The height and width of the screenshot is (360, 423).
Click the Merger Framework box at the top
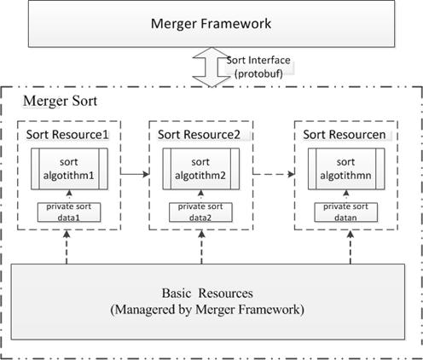tap(211, 23)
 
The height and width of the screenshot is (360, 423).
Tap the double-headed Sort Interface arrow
tap(211, 67)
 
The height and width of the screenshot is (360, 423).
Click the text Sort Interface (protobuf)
tap(258, 67)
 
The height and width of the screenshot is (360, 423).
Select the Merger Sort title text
tap(61, 101)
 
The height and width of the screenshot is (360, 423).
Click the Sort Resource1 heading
tap(67, 135)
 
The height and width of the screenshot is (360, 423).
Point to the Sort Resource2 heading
tap(199, 135)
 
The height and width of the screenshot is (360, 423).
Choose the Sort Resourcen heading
tap(345, 135)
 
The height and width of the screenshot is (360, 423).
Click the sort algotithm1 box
tap(69, 169)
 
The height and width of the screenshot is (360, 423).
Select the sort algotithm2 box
tap(201, 169)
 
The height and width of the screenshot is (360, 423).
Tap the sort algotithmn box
tap(346, 169)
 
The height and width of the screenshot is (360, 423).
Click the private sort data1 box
tap(69, 212)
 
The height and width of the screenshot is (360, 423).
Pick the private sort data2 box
tap(200, 212)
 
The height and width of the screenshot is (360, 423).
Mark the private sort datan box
tap(346, 212)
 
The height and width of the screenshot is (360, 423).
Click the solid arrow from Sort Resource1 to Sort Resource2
tap(135, 174)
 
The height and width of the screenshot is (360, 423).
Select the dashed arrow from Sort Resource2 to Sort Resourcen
tap(274, 174)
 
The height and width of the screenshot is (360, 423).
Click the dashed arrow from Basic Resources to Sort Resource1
tap(67, 247)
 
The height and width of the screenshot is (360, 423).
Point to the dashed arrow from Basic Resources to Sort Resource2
tap(201, 247)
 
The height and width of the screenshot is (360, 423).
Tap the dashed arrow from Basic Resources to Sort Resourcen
tap(351, 247)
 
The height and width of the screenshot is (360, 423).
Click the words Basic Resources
tap(207, 293)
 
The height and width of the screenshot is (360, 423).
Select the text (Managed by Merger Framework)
tap(207, 310)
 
